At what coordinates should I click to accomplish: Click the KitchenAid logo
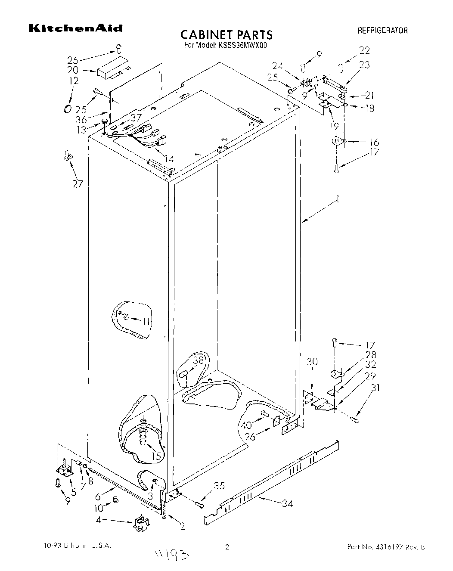coord(75,28)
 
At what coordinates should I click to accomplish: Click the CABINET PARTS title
coord(226,34)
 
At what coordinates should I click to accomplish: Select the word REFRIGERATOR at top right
coord(382,31)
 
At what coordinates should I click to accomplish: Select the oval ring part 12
coord(67,107)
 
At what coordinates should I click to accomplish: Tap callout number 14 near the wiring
coord(169,159)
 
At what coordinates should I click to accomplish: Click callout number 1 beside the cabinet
coord(338,200)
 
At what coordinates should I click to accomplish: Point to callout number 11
coord(146,321)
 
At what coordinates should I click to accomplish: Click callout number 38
coord(198,361)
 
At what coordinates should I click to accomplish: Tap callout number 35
coord(219,487)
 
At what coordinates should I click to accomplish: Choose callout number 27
coord(78,184)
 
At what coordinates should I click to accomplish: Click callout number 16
coord(374,143)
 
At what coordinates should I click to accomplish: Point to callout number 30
coord(312,362)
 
